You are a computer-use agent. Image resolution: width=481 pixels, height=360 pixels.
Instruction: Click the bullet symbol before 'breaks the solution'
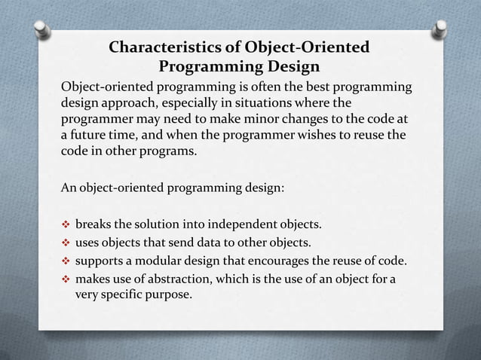[x=66, y=224]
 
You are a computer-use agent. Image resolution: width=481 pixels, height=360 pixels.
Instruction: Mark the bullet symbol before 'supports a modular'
[x=66, y=261]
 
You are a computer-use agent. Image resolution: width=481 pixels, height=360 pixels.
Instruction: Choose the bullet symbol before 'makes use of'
[x=66, y=279]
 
